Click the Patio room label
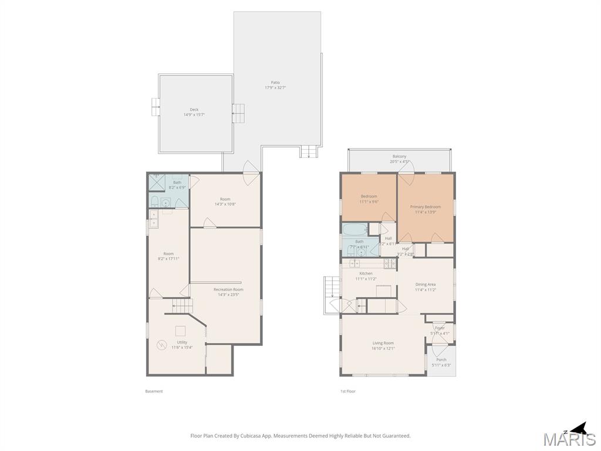coord(275,83)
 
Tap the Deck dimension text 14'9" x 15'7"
coord(194,115)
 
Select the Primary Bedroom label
coord(425,207)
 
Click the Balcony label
coord(399,156)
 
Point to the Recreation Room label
coord(228,290)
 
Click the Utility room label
coord(182,342)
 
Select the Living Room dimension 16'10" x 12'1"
coord(383,348)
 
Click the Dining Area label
coord(425,284)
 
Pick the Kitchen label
coord(366,274)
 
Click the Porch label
coord(441,359)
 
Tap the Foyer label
coord(440,328)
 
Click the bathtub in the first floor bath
coord(354,229)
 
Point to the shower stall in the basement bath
coord(156,183)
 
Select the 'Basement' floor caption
coord(154,391)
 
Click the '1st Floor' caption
coord(347,391)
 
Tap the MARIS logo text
coord(569,439)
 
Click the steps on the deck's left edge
coord(156,106)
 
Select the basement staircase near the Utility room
coord(182,306)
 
